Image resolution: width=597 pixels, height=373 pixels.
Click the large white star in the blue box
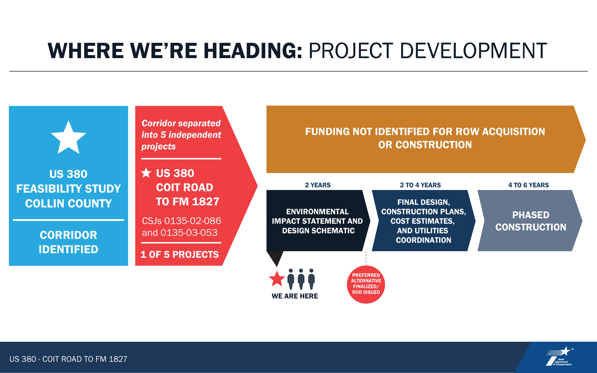click(68, 138)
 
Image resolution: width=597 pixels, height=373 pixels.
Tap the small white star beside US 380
click(146, 173)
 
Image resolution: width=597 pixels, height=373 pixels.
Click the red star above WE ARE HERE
click(277, 279)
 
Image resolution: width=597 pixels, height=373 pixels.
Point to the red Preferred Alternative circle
click(366, 284)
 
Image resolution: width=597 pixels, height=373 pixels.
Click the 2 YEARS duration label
click(318, 185)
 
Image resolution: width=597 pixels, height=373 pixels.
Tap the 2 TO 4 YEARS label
click(420, 185)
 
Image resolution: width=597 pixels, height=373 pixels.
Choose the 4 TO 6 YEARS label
click(528, 185)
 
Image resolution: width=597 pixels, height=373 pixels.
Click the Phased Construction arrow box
click(530, 220)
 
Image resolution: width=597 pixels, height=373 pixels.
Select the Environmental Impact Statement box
click(318, 220)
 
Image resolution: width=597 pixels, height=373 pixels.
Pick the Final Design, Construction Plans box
click(423, 220)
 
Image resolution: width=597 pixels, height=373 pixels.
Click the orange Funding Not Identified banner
click(426, 140)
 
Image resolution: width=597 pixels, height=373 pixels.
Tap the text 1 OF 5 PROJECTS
click(179, 254)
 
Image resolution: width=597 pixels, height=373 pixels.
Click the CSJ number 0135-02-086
click(193, 220)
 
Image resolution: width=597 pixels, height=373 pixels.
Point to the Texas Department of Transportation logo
click(559, 357)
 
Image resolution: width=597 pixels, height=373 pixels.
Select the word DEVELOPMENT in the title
click(473, 51)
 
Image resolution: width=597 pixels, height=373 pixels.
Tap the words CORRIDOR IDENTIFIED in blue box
click(69, 242)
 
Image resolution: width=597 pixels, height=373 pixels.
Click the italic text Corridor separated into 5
click(181, 129)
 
